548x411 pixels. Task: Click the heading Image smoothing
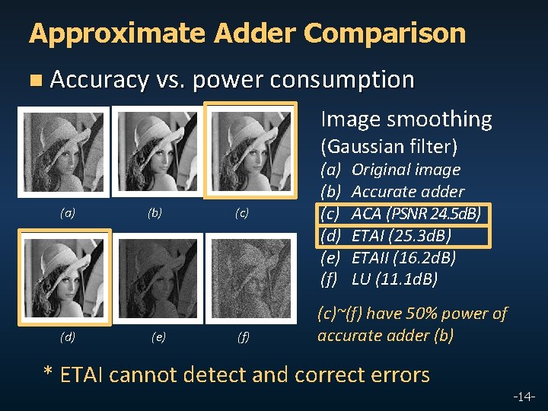pyautogui.click(x=406, y=119)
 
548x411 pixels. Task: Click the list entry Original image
pyautogui.click(x=406, y=169)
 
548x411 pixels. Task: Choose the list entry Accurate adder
pyautogui.click(x=407, y=191)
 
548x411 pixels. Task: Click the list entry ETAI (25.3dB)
pyautogui.click(x=400, y=235)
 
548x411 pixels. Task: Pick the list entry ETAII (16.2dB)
pyautogui.click(x=403, y=257)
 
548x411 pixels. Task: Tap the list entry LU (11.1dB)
pyautogui.click(x=394, y=279)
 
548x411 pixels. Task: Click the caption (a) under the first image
pyautogui.click(x=68, y=214)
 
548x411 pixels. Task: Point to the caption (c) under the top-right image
pyautogui.click(x=241, y=214)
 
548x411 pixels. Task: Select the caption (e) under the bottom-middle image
pyautogui.click(x=158, y=336)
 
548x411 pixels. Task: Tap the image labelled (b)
pyautogui.click(x=155, y=151)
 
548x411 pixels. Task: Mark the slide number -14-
pyautogui.click(x=524, y=397)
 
